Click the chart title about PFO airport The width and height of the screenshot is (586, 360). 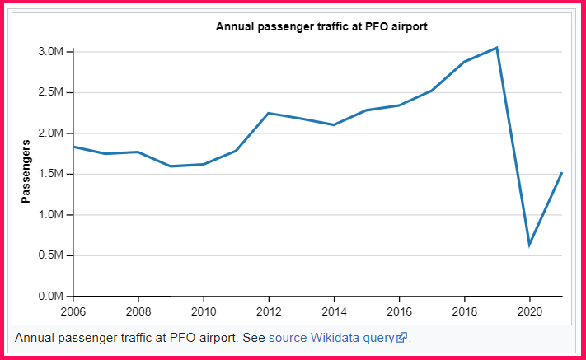pyautogui.click(x=321, y=26)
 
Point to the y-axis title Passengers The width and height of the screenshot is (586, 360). pyautogui.click(x=26, y=171)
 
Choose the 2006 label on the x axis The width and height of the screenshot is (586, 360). pyautogui.click(x=73, y=312)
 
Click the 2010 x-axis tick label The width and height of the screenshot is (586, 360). pyautogui.click(x=204, y=312)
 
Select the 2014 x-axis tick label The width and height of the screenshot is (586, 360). pyautogui.click(x=334, y=312)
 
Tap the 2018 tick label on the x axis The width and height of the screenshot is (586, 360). pyautogui.click(x=464, y=312)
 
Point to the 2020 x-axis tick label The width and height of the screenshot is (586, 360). pyautogui.click(x=529, y=312)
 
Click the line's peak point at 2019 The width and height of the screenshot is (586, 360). pyautogui.click(x=497, y=48)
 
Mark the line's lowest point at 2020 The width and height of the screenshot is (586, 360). pyautogui.click(x=529, y=245)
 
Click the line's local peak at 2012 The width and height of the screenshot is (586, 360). pyautogui.click(x=269, y=113)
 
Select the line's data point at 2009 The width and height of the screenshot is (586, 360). pyautogui.click(x=171, y=166)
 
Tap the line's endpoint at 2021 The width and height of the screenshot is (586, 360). pyautogui.click(x=561, y=173)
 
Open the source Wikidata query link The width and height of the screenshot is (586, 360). pyautogui.click(x=331, y=338)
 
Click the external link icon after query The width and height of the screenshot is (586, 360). pyautogui.click(x=401, y=338)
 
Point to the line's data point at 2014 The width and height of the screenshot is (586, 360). pyautogui.click(x=334, y=124)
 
